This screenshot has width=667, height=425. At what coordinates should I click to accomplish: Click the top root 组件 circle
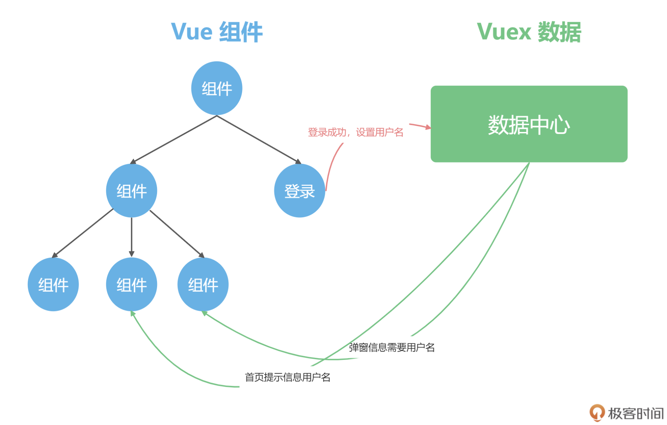[217, 88]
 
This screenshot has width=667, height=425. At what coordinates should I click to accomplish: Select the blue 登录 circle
[299, 191]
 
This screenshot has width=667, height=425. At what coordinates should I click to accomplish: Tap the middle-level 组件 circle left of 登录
[132, 191]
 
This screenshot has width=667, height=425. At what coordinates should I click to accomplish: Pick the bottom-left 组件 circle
[53, 284]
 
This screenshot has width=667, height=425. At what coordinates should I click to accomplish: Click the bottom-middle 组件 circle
[132, 284]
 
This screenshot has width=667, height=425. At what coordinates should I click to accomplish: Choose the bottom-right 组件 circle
[203, 284]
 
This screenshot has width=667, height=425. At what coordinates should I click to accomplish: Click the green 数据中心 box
[529, 124]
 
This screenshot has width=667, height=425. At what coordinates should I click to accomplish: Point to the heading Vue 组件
[217, 32]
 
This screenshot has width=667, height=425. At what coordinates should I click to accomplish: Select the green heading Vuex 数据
[529, 32]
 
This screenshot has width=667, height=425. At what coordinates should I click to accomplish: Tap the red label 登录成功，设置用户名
[355, 132]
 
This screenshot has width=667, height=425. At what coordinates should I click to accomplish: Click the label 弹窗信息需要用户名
[392, 347]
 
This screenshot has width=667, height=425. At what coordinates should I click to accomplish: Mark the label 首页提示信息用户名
[288, 377]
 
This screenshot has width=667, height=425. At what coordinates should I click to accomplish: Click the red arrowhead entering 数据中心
[428, 127]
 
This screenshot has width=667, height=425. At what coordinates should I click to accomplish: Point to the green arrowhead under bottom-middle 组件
[133, 314]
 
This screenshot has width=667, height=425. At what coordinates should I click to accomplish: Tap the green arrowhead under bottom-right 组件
[204, 313]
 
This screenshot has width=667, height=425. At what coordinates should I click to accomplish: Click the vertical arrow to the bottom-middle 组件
[132, 237]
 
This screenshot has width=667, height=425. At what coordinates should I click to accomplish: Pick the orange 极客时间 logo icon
[597, 413]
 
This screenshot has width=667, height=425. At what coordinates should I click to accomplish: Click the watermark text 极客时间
[636, 413]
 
